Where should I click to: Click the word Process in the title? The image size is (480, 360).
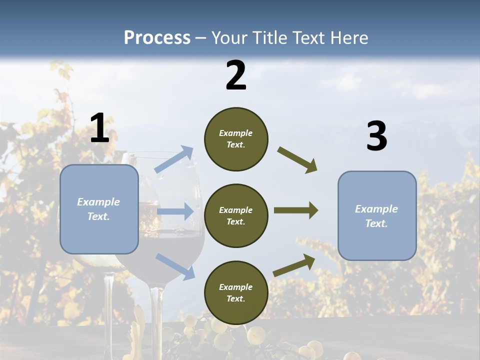point(157,37)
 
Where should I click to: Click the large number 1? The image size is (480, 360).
point(99,128)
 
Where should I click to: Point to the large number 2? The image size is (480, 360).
point(236,76)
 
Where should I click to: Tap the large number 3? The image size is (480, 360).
point(376,136)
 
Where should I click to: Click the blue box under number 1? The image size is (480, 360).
point(99,209)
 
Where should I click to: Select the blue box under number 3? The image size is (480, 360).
point(377,215)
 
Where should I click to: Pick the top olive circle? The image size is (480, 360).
point(236,139)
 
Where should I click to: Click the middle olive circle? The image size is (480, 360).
point(236,215)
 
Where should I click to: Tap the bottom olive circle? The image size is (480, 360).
point(236,292)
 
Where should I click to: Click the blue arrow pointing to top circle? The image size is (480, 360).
point(174,159)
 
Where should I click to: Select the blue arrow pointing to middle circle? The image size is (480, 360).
point(175,211)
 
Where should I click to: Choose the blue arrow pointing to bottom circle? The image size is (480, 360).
point(175,266)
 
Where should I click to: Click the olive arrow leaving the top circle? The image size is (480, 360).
point(297,160)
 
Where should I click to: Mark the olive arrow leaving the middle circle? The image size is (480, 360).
point(296,210)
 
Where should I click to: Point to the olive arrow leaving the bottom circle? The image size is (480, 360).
point(294,265)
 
